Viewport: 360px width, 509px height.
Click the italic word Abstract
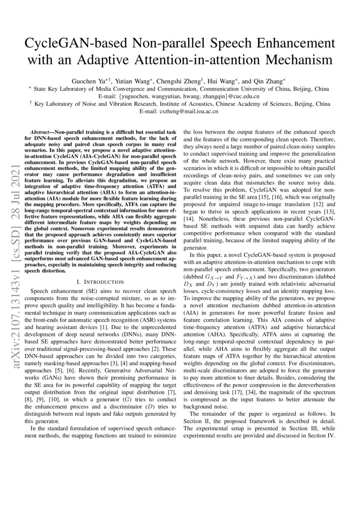click(x=42, y=132)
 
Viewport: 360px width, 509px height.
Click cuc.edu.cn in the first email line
click(x=243, y=96)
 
